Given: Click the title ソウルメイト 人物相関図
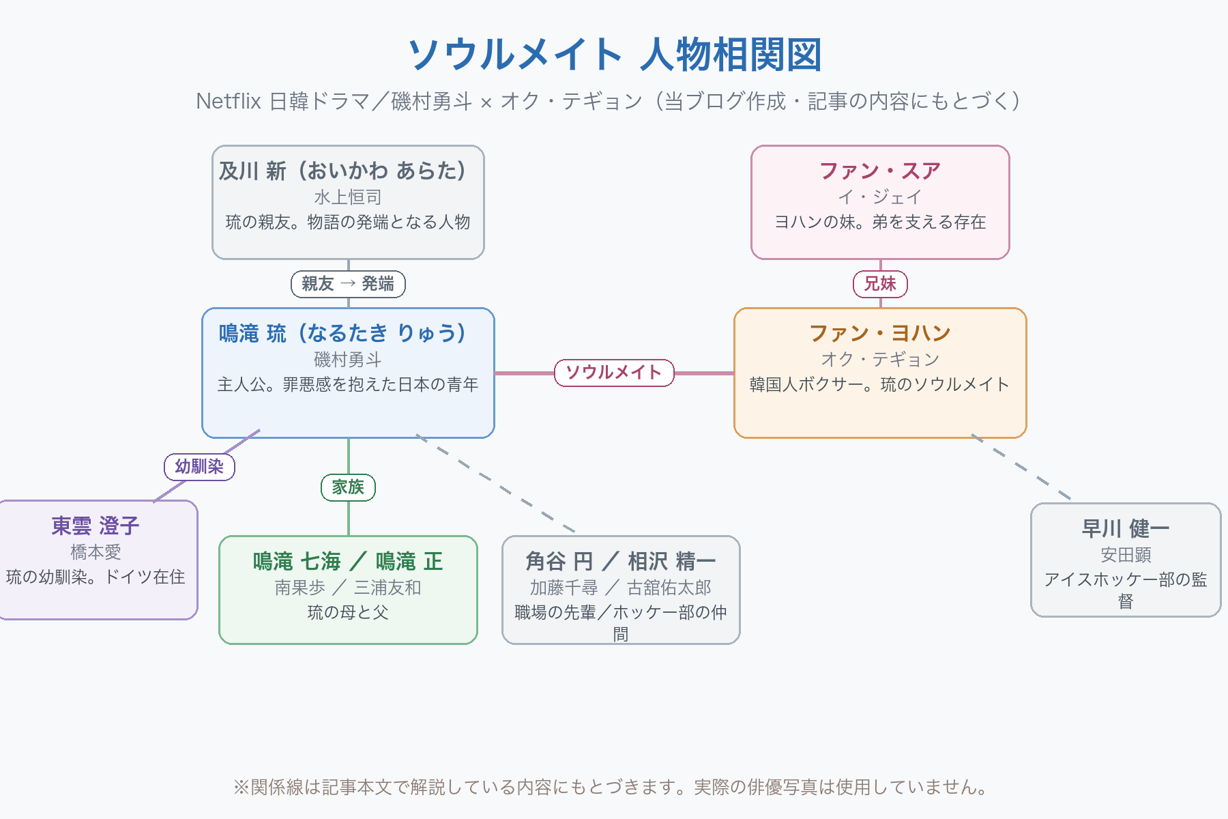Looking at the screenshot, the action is pyautogui.click(x=614, y=55).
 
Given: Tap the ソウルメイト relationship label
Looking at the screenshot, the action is pyautogui.click(x=614, y=373).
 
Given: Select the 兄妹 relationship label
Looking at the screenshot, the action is pyautogui.click(x=880, y=284).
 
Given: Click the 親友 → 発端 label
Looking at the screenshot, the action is pyautogui.click(x=348, y=284).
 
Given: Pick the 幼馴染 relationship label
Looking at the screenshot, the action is pyautogui.click(x=199, y=467).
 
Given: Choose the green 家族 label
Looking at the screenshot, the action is pyautogui.click(x=348, y=487).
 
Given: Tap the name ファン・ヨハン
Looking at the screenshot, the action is pyautogui.click(x=880, y=333).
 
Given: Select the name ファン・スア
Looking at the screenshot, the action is pyautogui.click(x=880, y=171).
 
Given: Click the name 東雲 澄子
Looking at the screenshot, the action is pyautogui.click(x=96, y=526).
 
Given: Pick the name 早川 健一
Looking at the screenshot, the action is pyautogui.click(x=1126, y=528).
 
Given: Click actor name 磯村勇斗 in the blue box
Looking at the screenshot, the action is pyautogui.click(x=348, y=359).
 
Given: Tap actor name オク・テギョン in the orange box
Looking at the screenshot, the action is pyautogui.click(x=880, y=359).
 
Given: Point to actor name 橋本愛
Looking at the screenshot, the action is pyautogui.click(x=96, y=551).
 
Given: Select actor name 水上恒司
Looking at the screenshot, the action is pyautogui.click(x=348, y=197).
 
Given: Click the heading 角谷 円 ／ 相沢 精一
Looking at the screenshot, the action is pyautogui.click(x=621, y=561).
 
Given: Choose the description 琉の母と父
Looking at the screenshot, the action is pyautogui.click(x=348, y=612).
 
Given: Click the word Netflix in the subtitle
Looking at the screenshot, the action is pyautogui.click(x=229, y=101).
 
